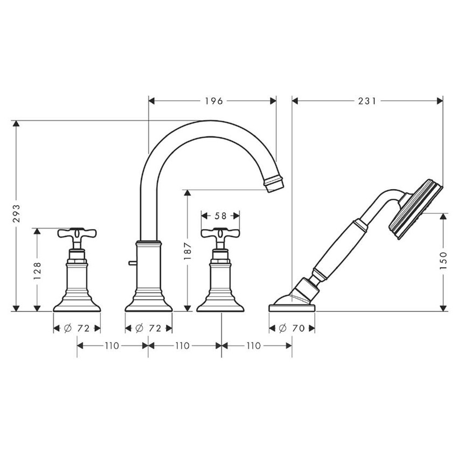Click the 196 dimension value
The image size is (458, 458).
tap(214, 101)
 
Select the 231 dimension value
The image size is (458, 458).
tap(367, 101)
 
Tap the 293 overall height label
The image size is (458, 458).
tap(16, 213)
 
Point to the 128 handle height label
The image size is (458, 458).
tap(37, 271)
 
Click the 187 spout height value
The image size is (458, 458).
tap(187, 251)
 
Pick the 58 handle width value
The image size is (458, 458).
tap(220, 216)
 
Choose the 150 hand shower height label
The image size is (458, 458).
tap(443, 260)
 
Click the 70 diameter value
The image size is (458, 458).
tap(298, 329)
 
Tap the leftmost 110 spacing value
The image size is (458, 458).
tap(112, 346)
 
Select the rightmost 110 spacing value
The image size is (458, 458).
tap(253, 346)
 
